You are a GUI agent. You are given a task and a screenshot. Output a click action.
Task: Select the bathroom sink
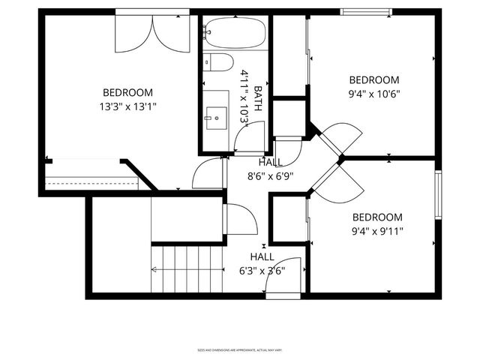(x=217, y=115)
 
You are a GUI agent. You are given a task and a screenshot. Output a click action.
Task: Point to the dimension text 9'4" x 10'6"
(x=374, y=94)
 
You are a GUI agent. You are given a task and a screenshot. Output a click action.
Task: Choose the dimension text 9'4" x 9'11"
(x=378, y=231)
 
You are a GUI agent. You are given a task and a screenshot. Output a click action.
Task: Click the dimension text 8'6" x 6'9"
(x=270, y=176)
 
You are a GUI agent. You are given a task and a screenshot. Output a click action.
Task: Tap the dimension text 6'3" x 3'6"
(x=262, y=271)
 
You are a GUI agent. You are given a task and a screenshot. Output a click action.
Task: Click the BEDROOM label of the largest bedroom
(x=128, y=92)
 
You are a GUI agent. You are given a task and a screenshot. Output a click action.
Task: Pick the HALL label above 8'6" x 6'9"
(x=270, y=163)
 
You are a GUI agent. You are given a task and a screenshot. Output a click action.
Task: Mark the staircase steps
(x=187, y=268)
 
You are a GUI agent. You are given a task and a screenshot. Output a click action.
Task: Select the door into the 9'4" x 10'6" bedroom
(x=340, y=139)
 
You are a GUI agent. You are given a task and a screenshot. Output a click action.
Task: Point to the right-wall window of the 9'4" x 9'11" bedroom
(x=439, y=195)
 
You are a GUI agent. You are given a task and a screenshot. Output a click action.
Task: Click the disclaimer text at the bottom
(x=240, y=349)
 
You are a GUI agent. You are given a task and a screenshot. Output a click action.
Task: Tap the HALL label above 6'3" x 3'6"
(x=262, y=257)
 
